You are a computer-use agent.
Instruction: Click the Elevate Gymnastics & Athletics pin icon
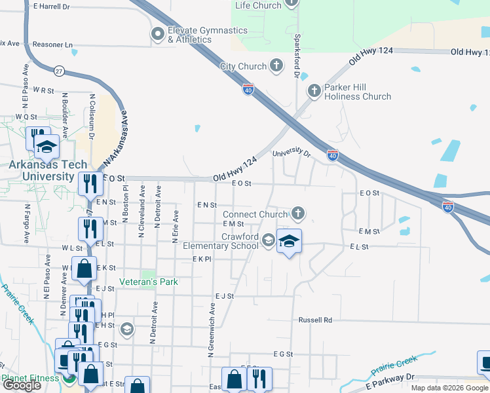157,34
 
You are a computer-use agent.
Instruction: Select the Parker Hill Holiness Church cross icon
314,90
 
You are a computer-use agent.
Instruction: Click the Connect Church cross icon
298,214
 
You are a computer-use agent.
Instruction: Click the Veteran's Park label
149,282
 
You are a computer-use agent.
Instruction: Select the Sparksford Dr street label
296,57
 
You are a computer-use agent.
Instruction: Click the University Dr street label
291,153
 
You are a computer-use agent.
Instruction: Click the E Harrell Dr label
50,7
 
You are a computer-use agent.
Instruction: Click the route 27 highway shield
60,71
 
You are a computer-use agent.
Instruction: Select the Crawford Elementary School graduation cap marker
288,242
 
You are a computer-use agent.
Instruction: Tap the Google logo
22,385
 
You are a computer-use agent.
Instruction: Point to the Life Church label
258,5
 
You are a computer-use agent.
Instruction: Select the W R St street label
43,90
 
